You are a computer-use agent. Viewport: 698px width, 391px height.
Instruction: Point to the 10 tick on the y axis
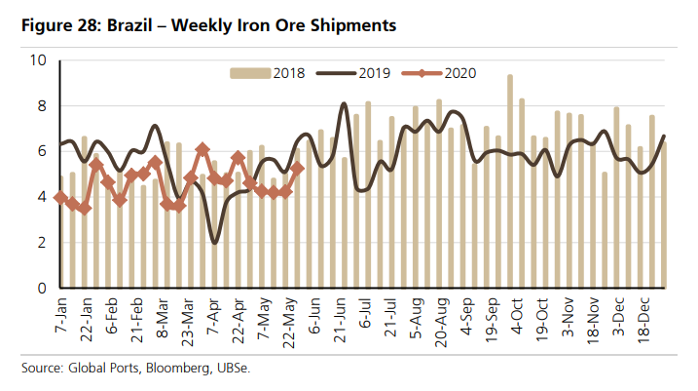coord(39,60)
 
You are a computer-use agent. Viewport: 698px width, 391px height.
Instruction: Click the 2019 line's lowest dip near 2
coord(214,243)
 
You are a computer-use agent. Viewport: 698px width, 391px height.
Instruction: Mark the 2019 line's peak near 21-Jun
coord(345,103)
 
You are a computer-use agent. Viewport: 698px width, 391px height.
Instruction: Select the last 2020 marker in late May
coord(298,168)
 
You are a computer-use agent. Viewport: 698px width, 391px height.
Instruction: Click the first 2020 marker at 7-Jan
coord(60,197)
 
